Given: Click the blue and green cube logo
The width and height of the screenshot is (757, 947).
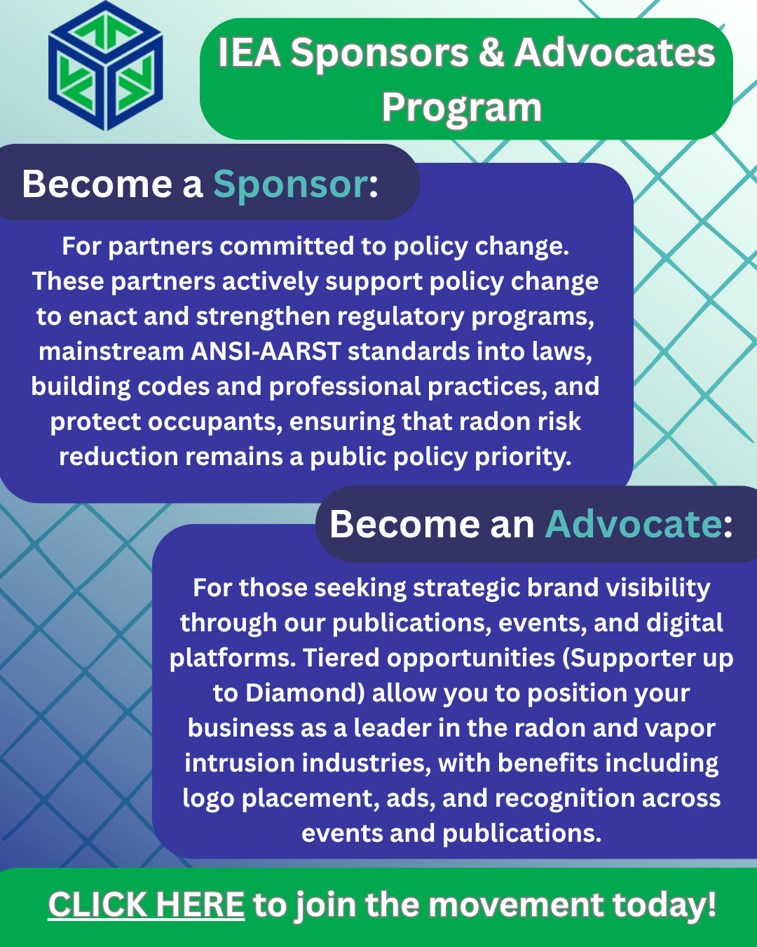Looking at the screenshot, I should click(106, 67).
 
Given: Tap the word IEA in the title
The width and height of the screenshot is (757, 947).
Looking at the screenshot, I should click(249, 53).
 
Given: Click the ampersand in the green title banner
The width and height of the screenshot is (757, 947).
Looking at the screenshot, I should click(491, 53).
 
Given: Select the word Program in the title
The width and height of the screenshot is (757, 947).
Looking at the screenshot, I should click(462, 108).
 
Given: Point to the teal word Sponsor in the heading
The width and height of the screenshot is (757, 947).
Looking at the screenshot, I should click(290, 184).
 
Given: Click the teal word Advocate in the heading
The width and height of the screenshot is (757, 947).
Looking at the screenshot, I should click(633, 525).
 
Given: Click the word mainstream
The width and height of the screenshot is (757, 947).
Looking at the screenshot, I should click(111, 351).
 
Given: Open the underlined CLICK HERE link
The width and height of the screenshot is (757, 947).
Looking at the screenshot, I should click(146, 905).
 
